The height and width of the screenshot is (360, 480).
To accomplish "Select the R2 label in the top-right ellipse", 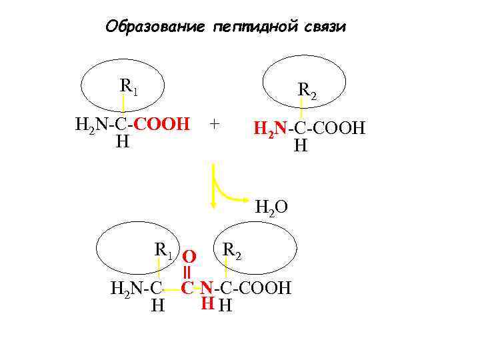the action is coord(307,89).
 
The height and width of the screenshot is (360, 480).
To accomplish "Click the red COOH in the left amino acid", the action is coord(166,124).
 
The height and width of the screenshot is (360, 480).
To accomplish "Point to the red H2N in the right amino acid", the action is coord(271,128).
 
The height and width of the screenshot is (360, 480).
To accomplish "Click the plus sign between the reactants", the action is coord(213,123).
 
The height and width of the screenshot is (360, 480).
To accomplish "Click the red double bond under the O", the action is coord(189,273).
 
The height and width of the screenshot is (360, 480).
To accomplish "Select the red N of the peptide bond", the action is coord(207,288).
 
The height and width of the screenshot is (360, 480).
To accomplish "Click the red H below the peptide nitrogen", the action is coord(207,303).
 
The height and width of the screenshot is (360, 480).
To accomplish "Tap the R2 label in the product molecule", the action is coord(232,250).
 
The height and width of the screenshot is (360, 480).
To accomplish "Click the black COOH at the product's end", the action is coord(265,289).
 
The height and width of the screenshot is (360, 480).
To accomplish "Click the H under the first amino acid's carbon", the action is coord(122,142).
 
